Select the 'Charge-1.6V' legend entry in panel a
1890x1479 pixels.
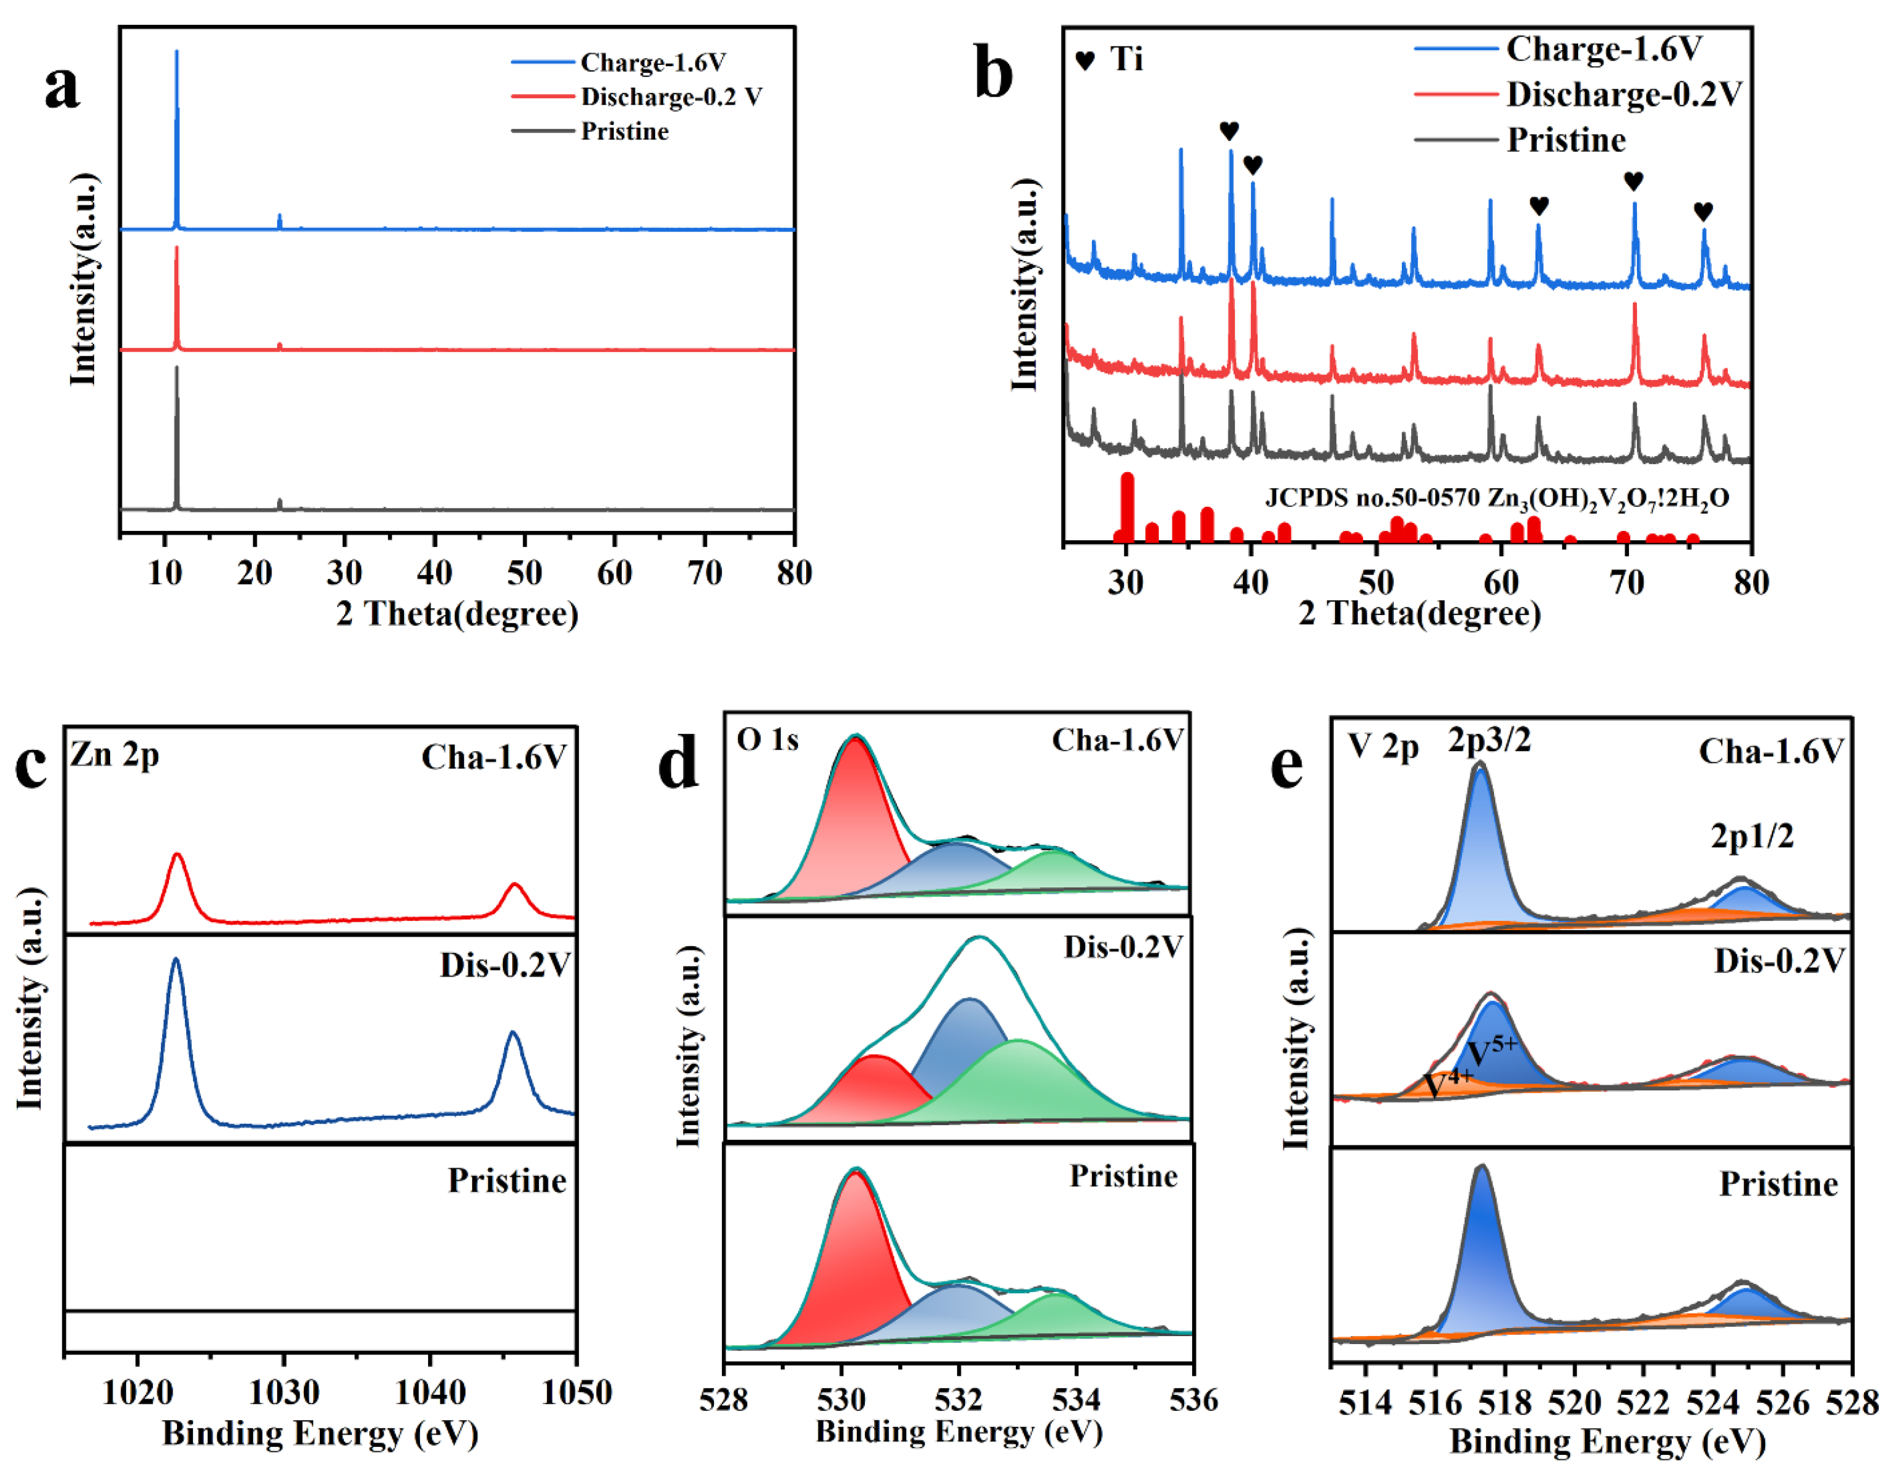[653, 63]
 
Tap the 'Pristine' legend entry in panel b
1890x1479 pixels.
[1565, 139]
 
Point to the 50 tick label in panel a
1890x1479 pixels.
[524, 573]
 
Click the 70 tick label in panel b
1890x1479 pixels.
[1626, 583]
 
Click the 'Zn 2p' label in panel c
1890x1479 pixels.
[114, 755]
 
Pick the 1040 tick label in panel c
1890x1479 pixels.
[431, 1392]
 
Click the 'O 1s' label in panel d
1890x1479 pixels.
[767, 739]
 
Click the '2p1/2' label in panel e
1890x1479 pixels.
[1751, 837]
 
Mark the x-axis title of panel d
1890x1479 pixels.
[958, 1432]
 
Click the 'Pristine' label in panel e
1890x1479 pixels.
[1778, 1184]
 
